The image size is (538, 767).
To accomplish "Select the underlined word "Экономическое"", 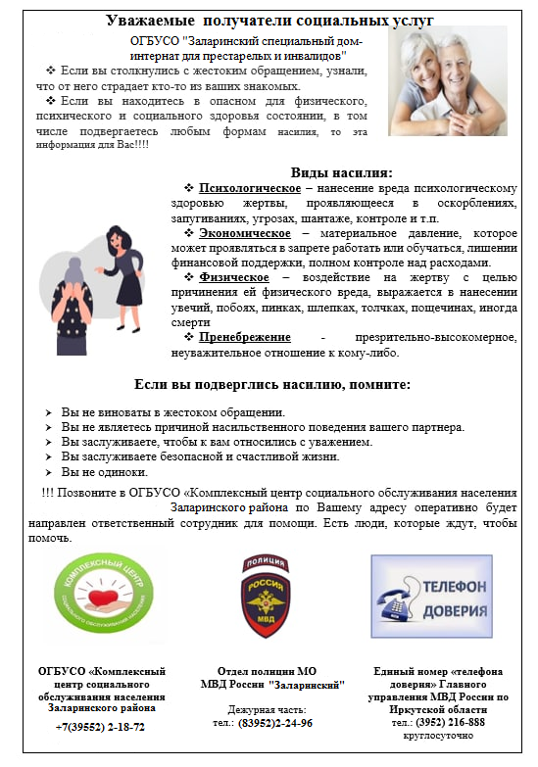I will coord(244,233).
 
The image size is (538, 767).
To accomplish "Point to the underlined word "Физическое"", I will coord(231,278).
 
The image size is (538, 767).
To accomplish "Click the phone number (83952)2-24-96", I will coord(275,723).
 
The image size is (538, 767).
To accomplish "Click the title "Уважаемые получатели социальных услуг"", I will coord(270,20).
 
